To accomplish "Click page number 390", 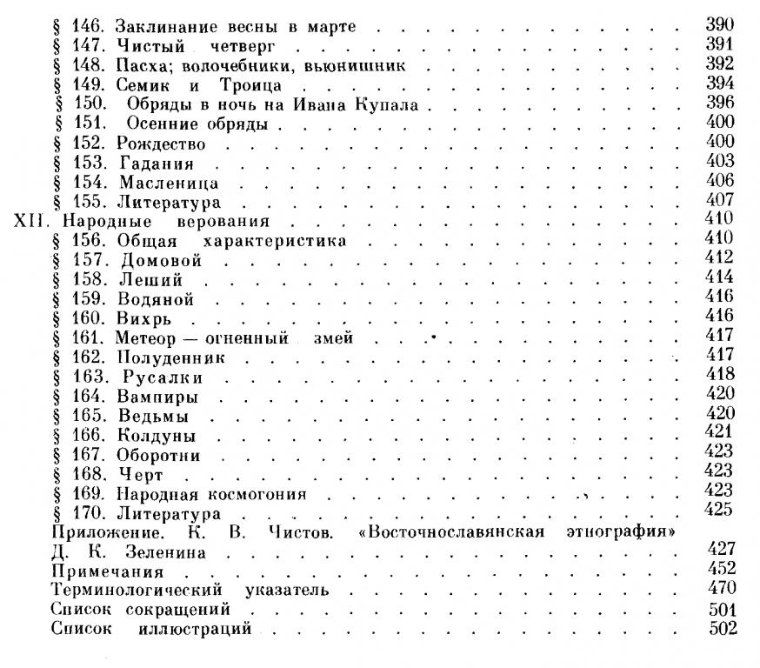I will pyautogui.click(x=721, y=23).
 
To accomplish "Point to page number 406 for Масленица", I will pyautogui.click(x=721, y=180).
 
